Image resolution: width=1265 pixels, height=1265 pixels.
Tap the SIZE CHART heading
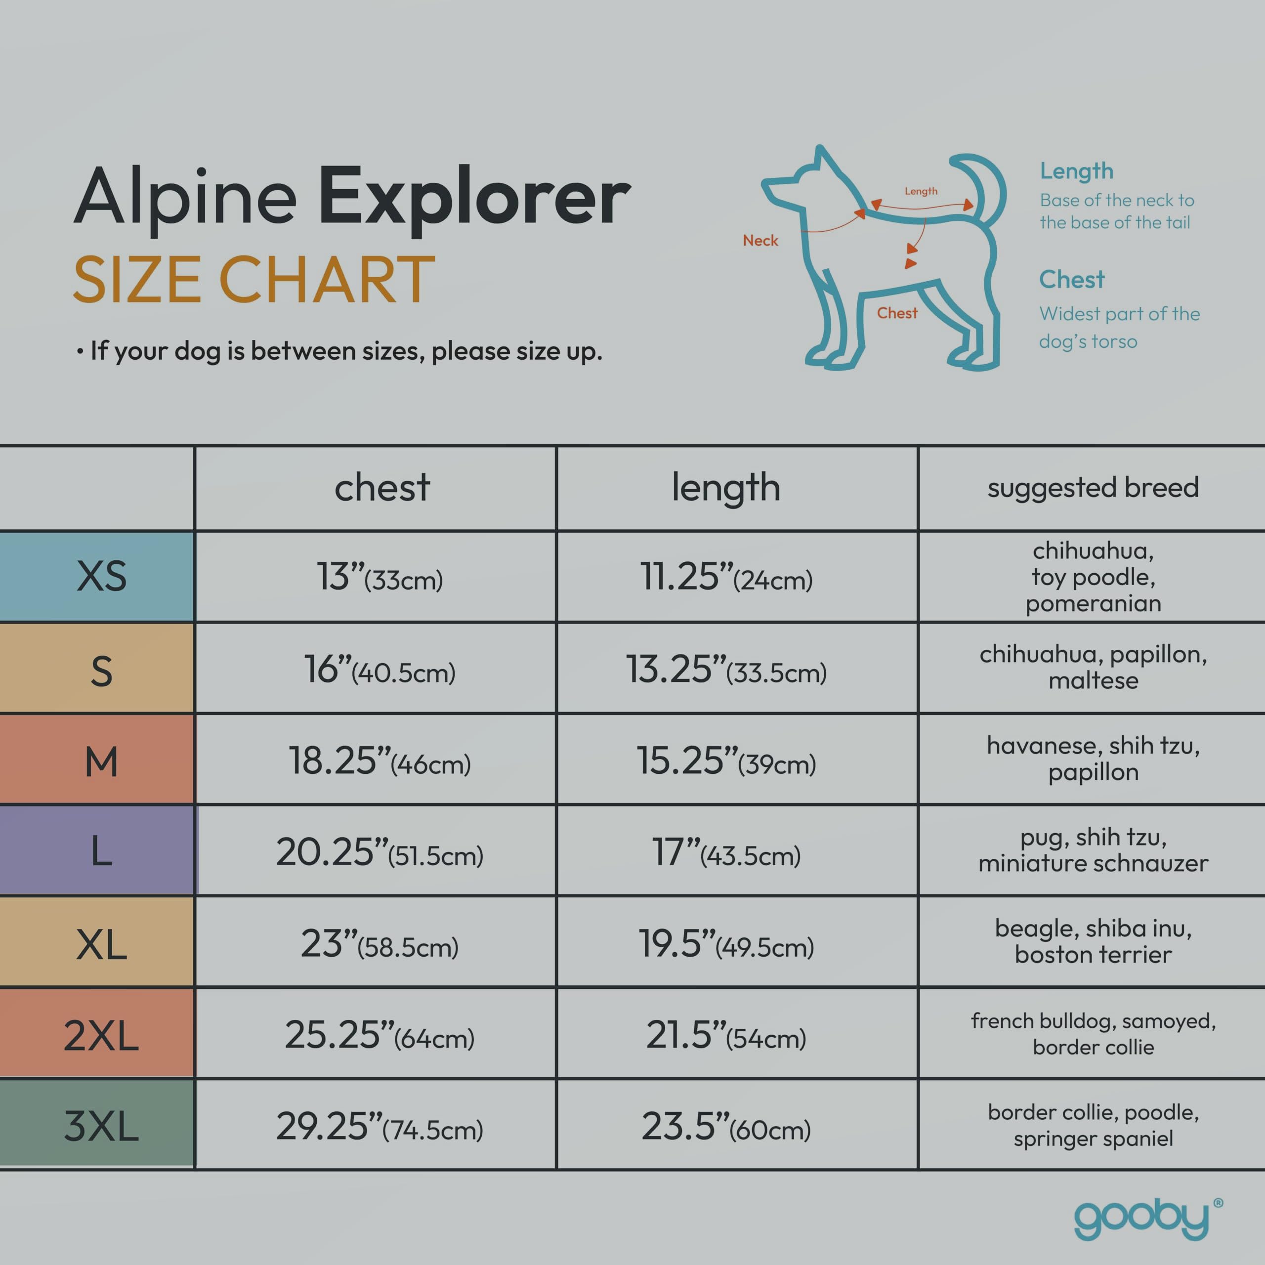coord(254,280)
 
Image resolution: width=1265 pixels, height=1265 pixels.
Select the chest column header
coord(382,487)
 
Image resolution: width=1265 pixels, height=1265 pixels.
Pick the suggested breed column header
coord(1093,488)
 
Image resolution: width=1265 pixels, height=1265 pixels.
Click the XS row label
coord(101,576)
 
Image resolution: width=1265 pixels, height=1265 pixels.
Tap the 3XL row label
coord(101,1126)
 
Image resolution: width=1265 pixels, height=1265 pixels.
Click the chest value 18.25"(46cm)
coord(380,761)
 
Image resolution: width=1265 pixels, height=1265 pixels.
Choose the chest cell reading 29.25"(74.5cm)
coord(380,1126)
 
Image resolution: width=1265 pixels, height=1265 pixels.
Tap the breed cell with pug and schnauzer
coord(1093,850)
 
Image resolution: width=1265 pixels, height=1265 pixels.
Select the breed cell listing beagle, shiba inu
coord(1093,941)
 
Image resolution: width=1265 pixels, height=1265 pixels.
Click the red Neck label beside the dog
coord(760,240)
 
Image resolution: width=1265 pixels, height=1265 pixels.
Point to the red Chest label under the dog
coord(897,313)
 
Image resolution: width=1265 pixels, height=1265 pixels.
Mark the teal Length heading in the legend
coord(1076,171)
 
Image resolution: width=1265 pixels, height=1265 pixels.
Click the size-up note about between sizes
coord(339,351)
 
